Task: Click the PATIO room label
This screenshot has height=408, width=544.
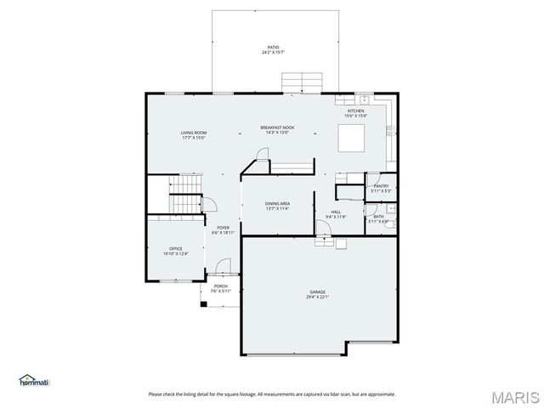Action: coord(272,48)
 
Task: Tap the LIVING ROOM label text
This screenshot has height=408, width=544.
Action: coord(194,133)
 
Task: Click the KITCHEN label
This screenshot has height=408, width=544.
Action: coord(356,111)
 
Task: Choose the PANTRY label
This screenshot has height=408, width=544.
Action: coord(380,186)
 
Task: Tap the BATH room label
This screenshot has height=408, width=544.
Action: coord(379,217)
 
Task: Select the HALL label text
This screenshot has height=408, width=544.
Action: coord(336,212)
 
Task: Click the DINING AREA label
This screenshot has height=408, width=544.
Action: coord(278,204)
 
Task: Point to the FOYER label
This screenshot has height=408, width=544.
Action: coord(223,228)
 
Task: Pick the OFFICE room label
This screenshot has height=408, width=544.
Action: coord(176,248)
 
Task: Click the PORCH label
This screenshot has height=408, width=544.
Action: coord(220,286)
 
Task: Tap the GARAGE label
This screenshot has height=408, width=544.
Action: coord(318,292)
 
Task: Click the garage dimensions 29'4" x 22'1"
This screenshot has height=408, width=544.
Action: coord(318,297)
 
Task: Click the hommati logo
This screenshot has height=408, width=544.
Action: coord(35,379)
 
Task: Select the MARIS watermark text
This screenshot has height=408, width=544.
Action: coord(513,396)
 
